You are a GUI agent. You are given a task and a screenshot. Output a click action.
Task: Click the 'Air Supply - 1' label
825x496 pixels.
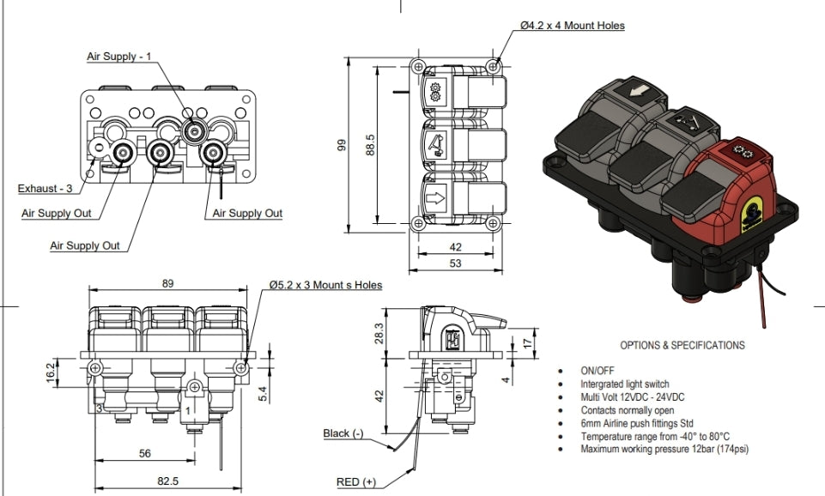click(x=118, y=57)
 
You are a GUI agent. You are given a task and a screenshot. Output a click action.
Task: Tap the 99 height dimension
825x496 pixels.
click(x=343, y=147)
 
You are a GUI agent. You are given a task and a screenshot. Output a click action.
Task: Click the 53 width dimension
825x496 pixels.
click(x=455, y=263)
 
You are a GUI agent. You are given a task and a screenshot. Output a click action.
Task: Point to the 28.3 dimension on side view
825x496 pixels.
click(x=379, y=332)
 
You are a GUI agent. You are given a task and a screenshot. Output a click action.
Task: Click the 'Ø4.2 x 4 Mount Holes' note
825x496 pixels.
click(x=573, y=26)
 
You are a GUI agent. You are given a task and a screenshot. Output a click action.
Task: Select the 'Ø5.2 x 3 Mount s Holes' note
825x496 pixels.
click(x=325, y=285)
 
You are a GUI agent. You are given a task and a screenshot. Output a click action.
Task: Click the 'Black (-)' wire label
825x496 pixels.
click(x=349, y=433)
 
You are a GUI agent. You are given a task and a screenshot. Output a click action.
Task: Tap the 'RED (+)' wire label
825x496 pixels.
click(x=357, y=482)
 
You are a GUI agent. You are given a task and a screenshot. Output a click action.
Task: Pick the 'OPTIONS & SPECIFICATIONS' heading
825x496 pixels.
click(x=682, y=346)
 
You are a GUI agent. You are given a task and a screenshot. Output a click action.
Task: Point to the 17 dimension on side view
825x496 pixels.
click(x=527, y=343)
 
